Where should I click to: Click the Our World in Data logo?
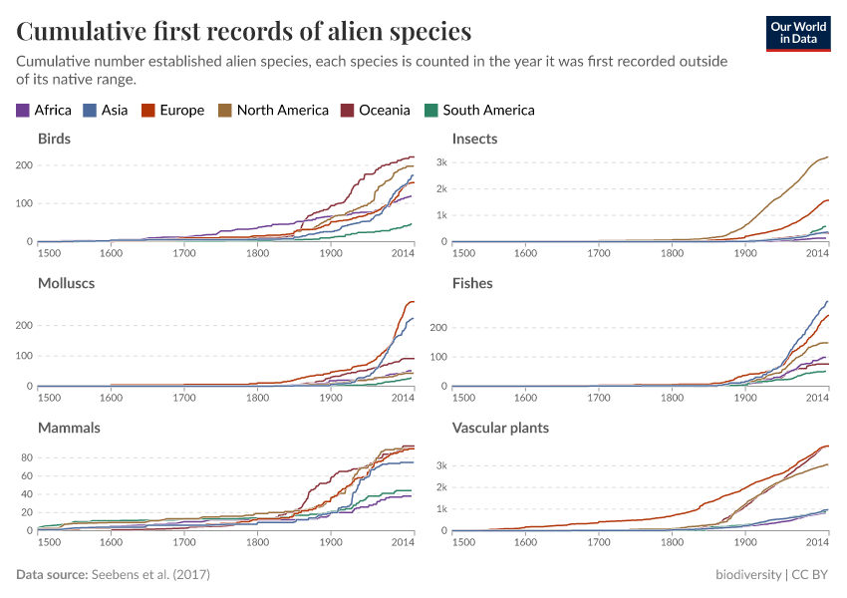pyautogui.click(x=797, y=33)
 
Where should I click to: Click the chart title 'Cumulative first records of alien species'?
pyautogui.click(x=244, y=32)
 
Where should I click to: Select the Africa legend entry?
pyautogui.click(x=44, y=111)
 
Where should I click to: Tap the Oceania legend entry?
pyautogui.click(x=376, y=111)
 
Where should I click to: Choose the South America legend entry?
pyautogui.click(x=479, y=111)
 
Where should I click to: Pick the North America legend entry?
pyautogui.click(x=273, y=111)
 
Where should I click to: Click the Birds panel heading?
pyautogui.click(x=54, y=139)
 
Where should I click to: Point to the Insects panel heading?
pyautogui.click(x=474, y=139)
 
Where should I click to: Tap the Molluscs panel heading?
pyautogui.click(x=66, y=283)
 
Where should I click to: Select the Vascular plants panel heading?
pyautogui.click(x=500, y=428)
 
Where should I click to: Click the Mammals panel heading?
pyautogui.click(x=68, y=428)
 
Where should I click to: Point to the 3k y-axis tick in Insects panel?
pyautogui.click(x=439, y=162)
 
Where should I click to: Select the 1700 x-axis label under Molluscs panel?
pyautogui.click(x=183, y=399)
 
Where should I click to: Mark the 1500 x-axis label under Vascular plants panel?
pyautogui.click(x=463, y=543)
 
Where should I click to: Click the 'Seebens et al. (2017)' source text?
pyautogui.click(x=149, y=575)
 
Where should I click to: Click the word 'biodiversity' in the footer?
pyautogui.click(x=748, y=575)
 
